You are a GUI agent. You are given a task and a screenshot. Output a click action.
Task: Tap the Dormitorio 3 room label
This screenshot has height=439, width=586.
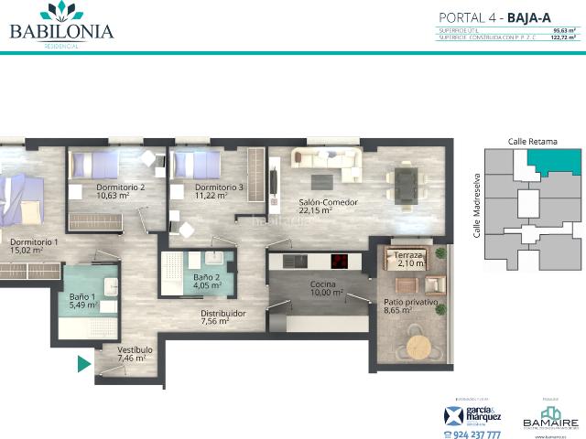[219, 187]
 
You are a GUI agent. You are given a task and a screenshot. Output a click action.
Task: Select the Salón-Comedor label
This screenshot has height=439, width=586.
[327, 202]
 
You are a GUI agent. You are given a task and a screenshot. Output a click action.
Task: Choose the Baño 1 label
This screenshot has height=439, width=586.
[83, 296]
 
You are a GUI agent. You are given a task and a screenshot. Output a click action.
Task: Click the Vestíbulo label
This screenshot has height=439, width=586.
[135, 350]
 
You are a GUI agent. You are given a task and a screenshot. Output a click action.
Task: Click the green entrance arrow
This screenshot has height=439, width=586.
[83, 365]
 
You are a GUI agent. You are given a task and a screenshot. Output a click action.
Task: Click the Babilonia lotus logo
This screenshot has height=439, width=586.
[61, 11]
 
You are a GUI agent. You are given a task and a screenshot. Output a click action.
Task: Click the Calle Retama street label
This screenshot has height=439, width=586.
[532, 142]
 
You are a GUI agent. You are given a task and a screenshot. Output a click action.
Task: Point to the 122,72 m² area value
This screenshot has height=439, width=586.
[566, 37]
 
